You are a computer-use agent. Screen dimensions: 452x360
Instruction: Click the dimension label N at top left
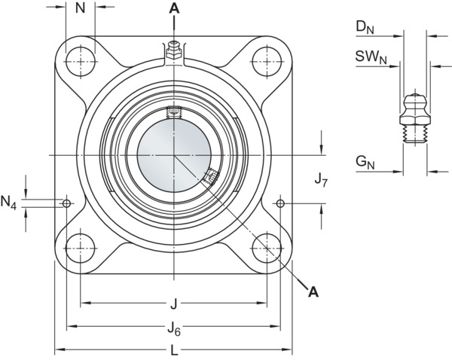click(80, 8)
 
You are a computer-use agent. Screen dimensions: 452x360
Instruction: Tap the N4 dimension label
click(8, 202)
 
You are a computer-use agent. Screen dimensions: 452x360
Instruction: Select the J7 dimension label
click(321, 180)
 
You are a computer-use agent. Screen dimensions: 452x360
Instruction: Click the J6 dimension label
click(174, 329)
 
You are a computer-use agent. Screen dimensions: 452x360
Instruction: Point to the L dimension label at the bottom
click(174, 350)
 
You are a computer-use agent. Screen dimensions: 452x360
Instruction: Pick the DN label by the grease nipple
click(365, 28)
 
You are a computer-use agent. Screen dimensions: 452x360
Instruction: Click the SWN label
click(371, 57)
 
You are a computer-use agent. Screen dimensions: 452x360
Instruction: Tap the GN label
click(365, 162)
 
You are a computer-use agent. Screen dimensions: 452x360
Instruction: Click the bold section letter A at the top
click(174, 8)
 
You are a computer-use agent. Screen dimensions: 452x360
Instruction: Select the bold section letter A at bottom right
click(313, 291)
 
